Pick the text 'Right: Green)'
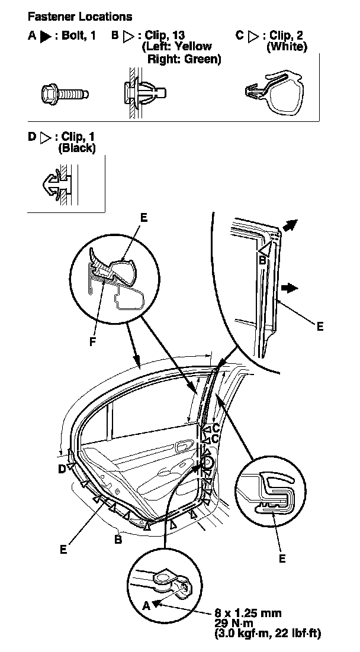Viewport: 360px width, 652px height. tap(184, 59)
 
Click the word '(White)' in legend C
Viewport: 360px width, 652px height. tap(287, 47)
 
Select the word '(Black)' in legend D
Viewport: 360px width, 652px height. tap(76, 149)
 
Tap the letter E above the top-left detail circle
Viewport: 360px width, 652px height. tap(144, 218)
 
